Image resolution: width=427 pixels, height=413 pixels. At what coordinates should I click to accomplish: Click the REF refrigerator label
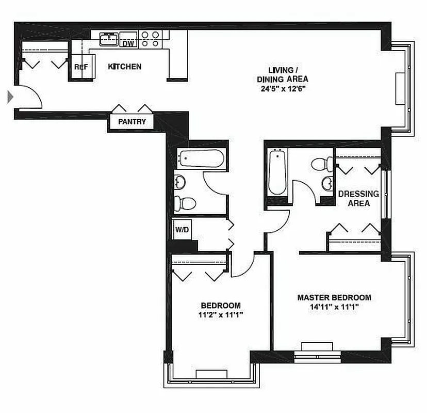tap(80, 67)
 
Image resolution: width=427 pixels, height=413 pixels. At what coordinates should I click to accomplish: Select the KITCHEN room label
tap(124, 67)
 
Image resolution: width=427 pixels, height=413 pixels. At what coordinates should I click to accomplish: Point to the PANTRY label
tap(132, 122)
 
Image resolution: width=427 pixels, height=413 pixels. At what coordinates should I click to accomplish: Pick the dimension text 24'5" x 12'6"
tap(283, 88)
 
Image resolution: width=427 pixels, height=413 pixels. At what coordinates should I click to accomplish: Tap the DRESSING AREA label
tap(358, 198)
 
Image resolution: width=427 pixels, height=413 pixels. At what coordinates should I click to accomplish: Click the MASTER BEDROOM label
tap(334, 298)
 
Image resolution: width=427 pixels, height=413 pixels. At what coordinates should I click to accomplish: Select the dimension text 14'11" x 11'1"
tap(334, 307)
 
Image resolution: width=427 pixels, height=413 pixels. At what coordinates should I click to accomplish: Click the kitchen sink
tap(109, 38)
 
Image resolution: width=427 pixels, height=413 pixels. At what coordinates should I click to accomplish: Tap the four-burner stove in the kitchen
tap(150, 39)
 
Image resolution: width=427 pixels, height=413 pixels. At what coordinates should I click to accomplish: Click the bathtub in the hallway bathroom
tap(201, 158)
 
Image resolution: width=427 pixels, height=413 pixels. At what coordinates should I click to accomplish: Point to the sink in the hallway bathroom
tap(179, 182)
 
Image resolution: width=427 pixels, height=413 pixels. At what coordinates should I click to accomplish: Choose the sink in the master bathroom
tap(327, 182)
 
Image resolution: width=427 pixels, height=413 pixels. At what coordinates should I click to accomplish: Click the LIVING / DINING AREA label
tap(283, 74)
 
